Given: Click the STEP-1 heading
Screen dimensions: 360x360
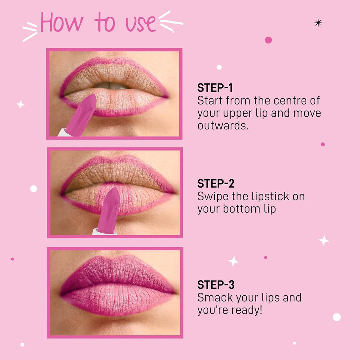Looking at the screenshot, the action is (215, 88).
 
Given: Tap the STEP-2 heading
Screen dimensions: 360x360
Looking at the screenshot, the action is (216, 184).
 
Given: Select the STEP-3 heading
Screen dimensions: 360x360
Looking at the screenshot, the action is (216, 285).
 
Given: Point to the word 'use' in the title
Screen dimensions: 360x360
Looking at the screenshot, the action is (141, 24).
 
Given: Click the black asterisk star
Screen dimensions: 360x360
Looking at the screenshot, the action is (318, 23).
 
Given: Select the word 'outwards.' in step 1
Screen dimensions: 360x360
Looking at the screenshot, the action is (223, 126).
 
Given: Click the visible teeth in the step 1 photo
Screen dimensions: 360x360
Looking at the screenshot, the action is (112, 85).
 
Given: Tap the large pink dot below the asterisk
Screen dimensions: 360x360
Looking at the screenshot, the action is (268, 40).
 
